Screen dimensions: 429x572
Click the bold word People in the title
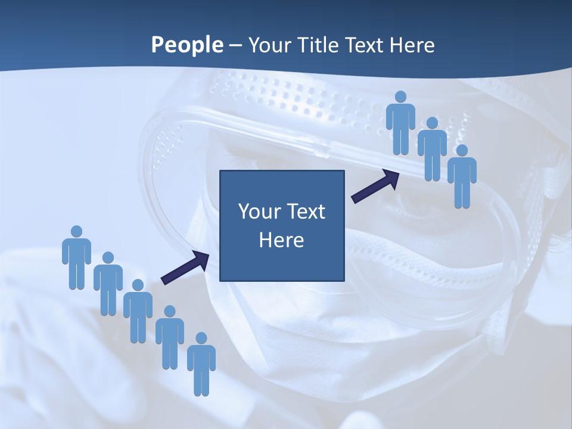coord(186,45)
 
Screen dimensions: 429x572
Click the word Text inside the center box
coord(304,212)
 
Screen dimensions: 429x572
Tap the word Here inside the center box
coord(282,240)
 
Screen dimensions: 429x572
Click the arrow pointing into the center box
coord(185,267)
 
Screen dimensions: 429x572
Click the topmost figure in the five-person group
coord(76,257)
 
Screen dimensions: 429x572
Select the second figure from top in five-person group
coord(108,284)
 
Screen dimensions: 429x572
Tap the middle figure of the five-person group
coord(138,311)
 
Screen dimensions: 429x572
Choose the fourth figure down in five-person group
coord(170,337)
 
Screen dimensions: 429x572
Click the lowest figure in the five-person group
coord(201,365)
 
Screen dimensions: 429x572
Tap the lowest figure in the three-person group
coord(462,176)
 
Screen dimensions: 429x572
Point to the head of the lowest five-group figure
coord(201,338)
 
